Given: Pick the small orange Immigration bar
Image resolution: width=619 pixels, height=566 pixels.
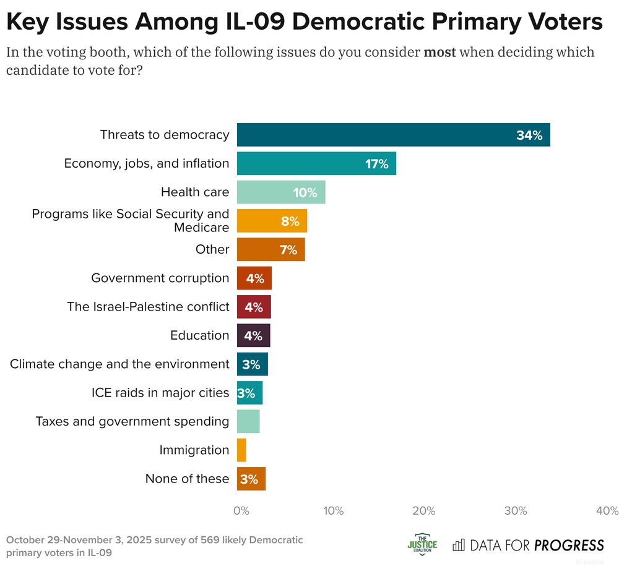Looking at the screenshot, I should coord(241,450).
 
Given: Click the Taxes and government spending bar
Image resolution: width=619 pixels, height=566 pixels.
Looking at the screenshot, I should coord(248,421).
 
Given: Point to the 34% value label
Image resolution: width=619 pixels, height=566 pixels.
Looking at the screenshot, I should coord(529,135).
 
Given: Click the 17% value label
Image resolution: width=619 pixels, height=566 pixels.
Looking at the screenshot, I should coord(376,164).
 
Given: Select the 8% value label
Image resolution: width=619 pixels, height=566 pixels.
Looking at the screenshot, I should coord(290,221).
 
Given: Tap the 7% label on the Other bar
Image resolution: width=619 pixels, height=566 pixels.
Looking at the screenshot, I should coord(288,250).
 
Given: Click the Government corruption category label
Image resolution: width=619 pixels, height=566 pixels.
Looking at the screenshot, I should coord(160,278).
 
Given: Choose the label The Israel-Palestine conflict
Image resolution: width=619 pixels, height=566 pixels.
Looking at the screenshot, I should coord(148,307).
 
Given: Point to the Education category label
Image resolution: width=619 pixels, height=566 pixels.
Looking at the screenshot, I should coord(199,335).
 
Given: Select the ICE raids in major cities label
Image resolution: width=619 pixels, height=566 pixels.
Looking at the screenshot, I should coord(160,393).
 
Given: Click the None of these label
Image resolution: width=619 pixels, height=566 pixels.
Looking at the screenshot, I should coord(187,479).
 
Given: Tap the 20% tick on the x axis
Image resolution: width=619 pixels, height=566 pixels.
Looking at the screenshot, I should coord(424,511).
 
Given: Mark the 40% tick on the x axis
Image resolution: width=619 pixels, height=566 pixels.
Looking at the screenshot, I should coord(607,511).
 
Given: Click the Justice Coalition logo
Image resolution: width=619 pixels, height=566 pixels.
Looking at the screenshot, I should coord(422,544).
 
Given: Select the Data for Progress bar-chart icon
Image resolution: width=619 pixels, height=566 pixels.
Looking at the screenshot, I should coord(459,545).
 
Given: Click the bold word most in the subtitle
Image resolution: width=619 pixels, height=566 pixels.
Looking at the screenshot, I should coord(439,52).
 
